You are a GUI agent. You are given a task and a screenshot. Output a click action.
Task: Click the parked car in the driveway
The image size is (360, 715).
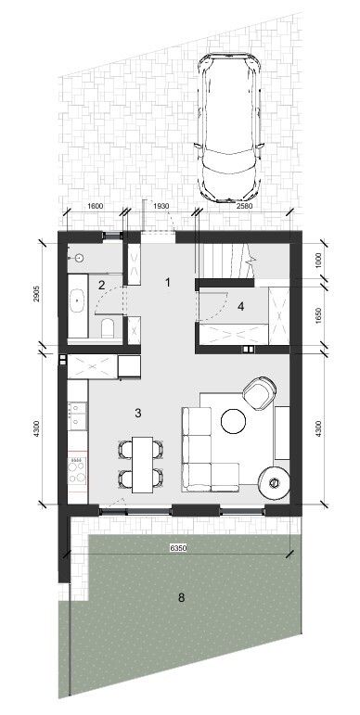click(x=230, y=128)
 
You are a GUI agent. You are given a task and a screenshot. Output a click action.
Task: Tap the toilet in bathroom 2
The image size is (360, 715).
click(x=108, y=327)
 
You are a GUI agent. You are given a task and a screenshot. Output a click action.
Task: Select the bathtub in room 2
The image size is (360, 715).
click(x=78, y=306)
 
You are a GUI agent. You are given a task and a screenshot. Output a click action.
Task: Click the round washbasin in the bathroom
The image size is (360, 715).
click(x=80, y=259)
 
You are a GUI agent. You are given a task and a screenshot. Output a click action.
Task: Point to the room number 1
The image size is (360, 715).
click(x=168, y=283)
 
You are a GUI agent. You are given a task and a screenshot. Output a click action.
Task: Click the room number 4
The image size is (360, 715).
click(x=241, y=307)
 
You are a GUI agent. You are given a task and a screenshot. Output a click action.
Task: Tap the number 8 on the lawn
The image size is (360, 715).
click(x=182, y=597)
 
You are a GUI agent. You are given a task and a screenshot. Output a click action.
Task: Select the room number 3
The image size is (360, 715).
click(x=138, y=413)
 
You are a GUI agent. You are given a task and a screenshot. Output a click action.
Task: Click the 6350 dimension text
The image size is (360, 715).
click(x=178, y=549)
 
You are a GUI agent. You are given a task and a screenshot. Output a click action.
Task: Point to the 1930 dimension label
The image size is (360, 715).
click(x=161, y=206)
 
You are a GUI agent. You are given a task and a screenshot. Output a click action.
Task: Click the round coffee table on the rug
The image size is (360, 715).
click(x=234, y=421)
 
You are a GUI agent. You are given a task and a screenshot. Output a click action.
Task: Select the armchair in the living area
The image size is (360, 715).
click(x=259, y=393)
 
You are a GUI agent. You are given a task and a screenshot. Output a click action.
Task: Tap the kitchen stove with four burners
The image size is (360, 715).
click(x=77, y=470)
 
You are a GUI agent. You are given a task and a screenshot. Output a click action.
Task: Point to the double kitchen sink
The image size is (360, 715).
click(x=77, y=415)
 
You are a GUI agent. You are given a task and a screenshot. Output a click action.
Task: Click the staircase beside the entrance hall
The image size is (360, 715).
click(x=225, y=261)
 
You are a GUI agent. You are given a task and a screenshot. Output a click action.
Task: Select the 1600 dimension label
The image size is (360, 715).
click(x=95, y=206)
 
